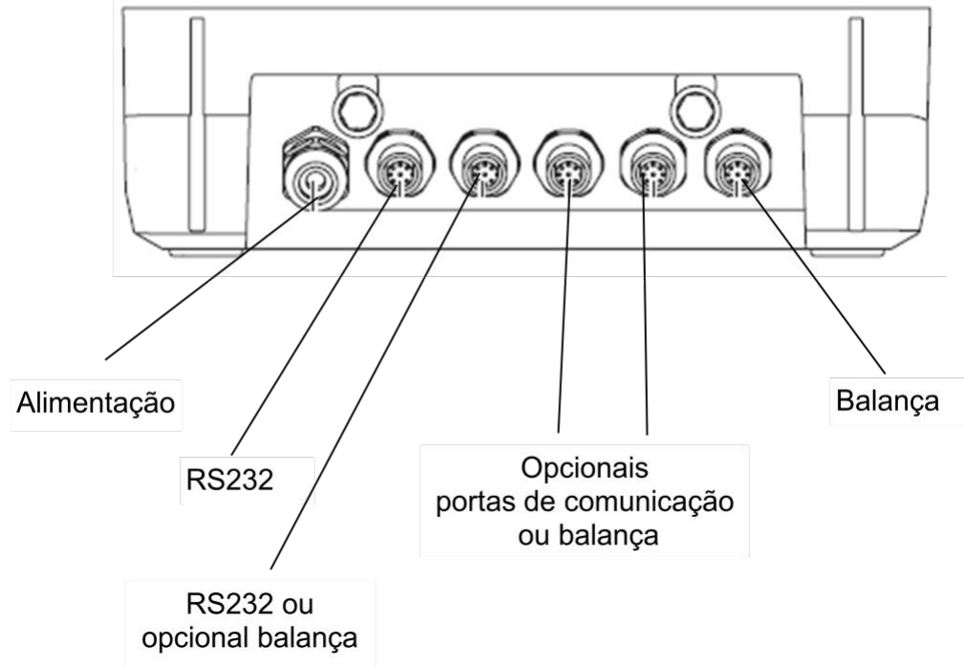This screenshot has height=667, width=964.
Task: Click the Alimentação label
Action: (x=96, y=403)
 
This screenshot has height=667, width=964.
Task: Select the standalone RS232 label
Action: (x=229, y=480)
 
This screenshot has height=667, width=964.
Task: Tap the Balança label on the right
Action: (x=888, y=401)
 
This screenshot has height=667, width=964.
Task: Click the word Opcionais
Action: (x=584, y=468)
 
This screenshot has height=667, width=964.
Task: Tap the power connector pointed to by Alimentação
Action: (x=314, y=169)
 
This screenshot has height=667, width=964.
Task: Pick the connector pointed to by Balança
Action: (x=738, y=167)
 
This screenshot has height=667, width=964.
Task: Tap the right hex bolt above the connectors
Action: (x=696, y=111)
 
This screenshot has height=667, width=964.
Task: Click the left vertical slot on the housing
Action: (x=197, y=125)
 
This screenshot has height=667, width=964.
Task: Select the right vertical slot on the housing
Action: (x=855, y=125)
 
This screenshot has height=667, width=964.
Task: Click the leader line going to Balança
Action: (x=813, y=276)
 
